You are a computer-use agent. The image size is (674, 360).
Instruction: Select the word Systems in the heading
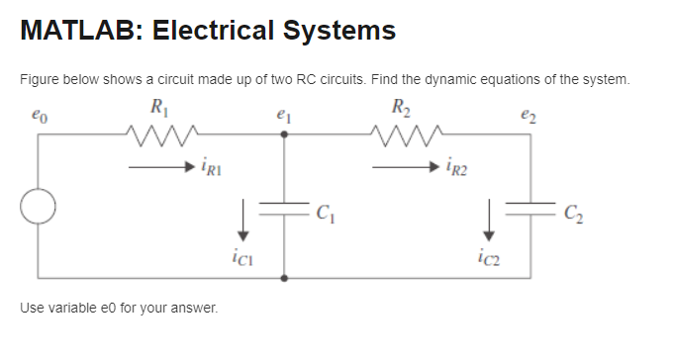(x=338, y=31)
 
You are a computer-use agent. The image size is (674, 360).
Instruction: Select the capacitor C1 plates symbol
(x=285, y=209)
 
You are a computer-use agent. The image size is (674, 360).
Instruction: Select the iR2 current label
(x=457, y=168)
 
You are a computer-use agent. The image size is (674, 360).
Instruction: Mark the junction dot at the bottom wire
(x=285, y=278)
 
